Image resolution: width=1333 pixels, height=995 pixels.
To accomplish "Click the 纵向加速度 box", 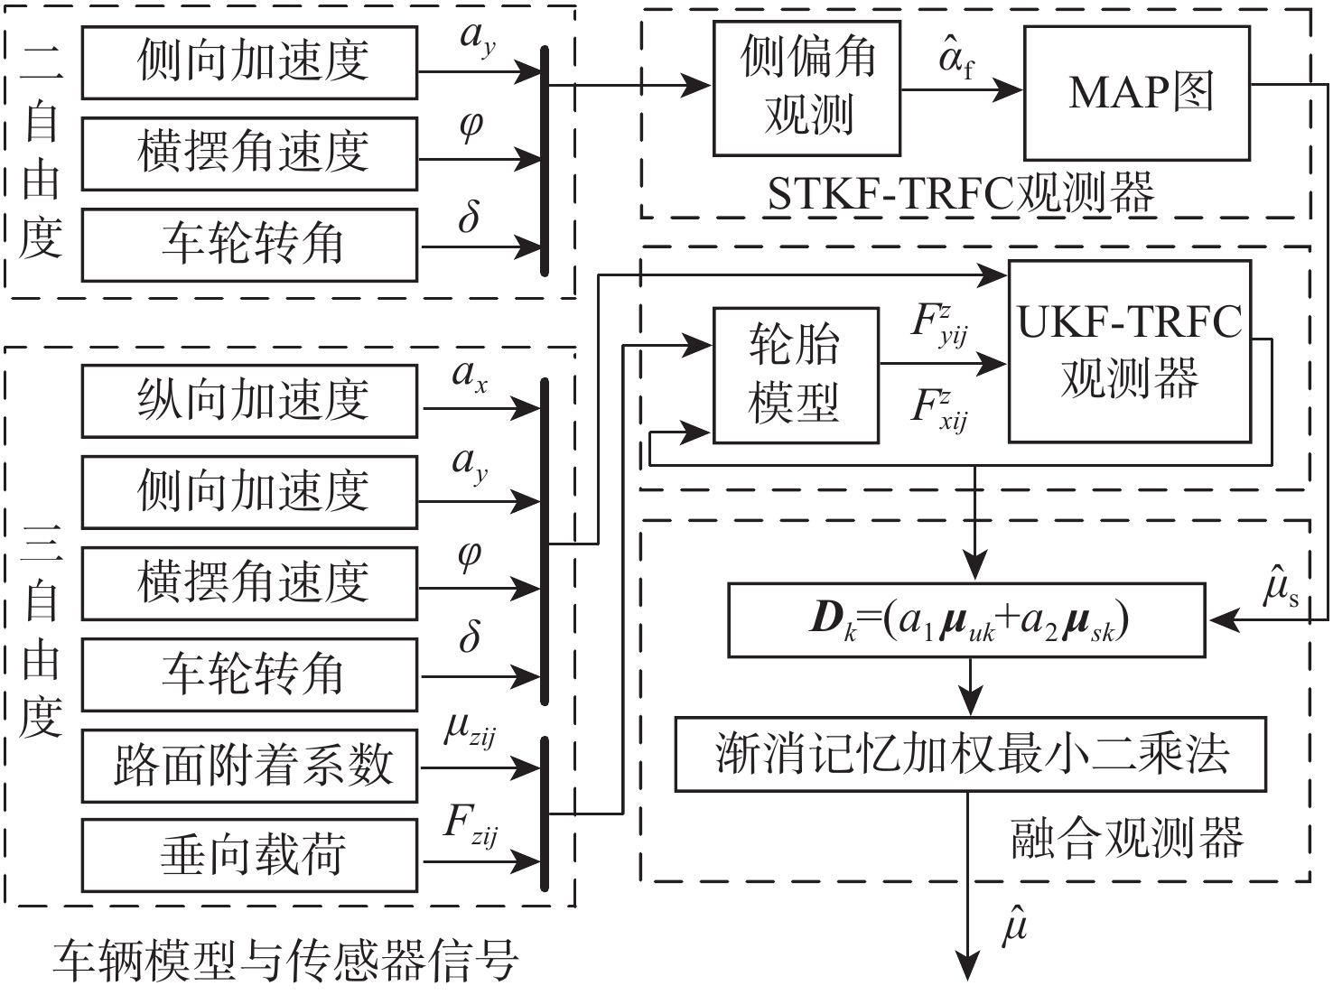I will [x=249, y=401].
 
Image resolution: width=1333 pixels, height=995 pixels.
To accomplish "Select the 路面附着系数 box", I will [x=249, y=766].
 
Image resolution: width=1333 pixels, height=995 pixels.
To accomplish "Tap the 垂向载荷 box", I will [x=249, y=855].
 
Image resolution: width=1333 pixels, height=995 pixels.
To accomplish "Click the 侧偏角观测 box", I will [x=806, y=88].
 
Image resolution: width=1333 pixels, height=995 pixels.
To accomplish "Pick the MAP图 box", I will [x=1136, y=93].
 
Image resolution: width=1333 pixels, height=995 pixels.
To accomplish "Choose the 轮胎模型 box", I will [x=795, y=375].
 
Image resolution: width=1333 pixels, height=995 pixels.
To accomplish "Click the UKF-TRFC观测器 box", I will [x=1129, y=351].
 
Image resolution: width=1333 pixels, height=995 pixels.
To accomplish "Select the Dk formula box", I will [x=966, y=619].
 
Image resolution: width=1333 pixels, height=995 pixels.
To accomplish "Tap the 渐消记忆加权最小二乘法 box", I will [x=970, y=755].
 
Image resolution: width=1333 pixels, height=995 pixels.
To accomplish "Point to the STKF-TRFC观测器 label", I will [x=961, y=193].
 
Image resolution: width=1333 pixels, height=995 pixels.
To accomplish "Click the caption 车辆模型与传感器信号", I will [x=285, y=961].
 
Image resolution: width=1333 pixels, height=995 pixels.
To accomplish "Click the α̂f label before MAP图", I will [x=956, y=61].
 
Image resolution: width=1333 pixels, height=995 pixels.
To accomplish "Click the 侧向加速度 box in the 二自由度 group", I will [x=249, y=62].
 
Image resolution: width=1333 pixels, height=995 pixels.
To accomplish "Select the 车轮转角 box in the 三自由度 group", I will [x=249, y=674].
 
